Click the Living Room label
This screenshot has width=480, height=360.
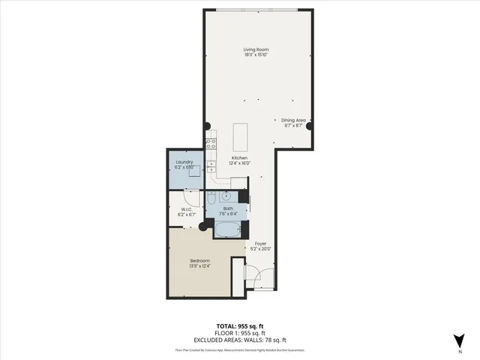(x=255, y=49)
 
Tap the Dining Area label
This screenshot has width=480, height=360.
(x=293, y=120)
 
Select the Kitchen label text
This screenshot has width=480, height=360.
(x=239, y=157)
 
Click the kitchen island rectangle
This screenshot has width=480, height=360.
(x=241, y=136)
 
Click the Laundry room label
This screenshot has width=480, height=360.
(x=184, y=162)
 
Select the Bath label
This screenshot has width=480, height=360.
(x=228, y=208)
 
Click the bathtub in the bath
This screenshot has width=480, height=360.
(x=229, y=228)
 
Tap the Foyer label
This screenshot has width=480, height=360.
(x=260, y=244)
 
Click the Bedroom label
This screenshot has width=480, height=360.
(x=199, y=259)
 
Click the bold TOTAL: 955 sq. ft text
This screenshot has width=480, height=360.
(x=240, y=325)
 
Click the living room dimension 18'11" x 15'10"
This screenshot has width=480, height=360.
(x=255, y=55)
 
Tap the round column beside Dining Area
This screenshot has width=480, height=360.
(x=309, y=124)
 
